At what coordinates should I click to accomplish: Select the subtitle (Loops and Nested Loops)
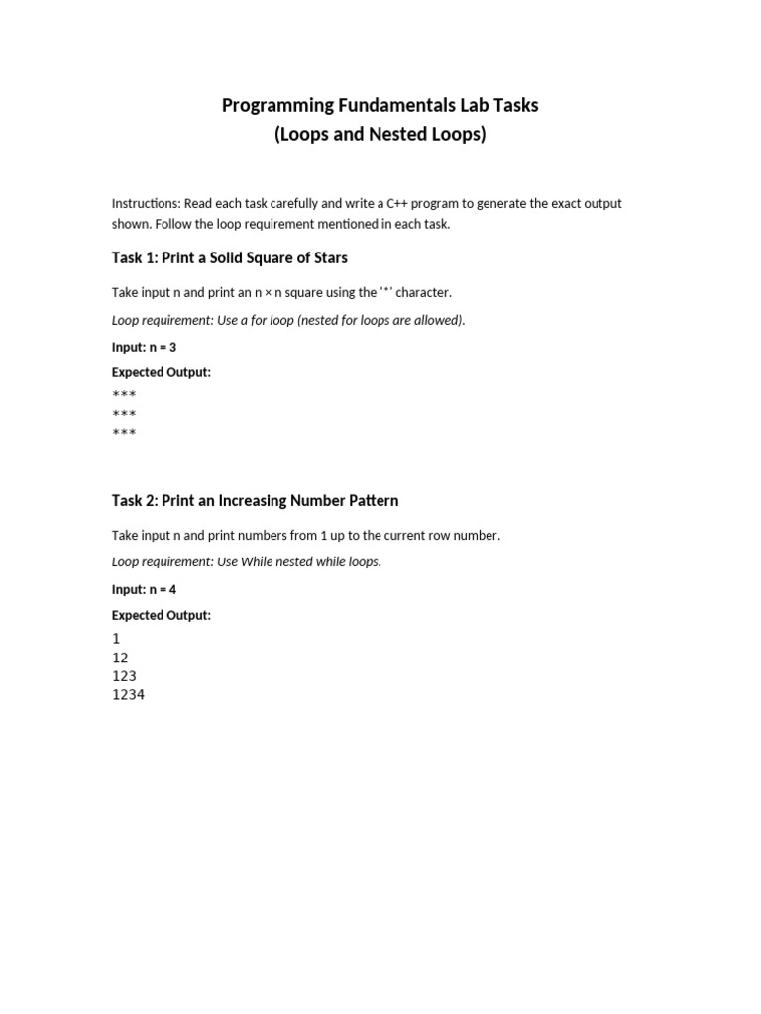pyautogui.click(x=380, y=135)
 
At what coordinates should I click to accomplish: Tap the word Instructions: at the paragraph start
pyautogui.click(x=146, y=204)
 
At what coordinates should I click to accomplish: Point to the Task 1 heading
pyautogui.click(x=229, y=258)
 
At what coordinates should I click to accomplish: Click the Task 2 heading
pyautogui.click(x=255, y=501)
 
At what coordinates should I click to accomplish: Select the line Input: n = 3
pyautogui.click(x=144, y=348)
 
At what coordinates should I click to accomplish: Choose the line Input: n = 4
pyautogui.click(x=144, y=590)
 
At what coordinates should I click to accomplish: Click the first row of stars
pyautogui.click(x=124, y=395)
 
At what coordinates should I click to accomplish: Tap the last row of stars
pyautogui.click(x=124, y=433)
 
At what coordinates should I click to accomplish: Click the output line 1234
pyautogui.click(x=128, y=695)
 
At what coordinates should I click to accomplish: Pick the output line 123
pyautogui.click(x=124, y=676)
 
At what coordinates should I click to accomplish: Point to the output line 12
pyautogui.click(x=120, y=658)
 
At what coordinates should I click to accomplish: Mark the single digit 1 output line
pyautogui.click(x=116, y=639)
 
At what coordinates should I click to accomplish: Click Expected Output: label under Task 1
pyautogui.click(x=161, y=373)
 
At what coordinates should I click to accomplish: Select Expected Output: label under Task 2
pyautogui.click(x=161, y=616)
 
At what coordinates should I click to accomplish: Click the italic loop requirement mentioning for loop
pyautogui.click(x=288, y=321)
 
